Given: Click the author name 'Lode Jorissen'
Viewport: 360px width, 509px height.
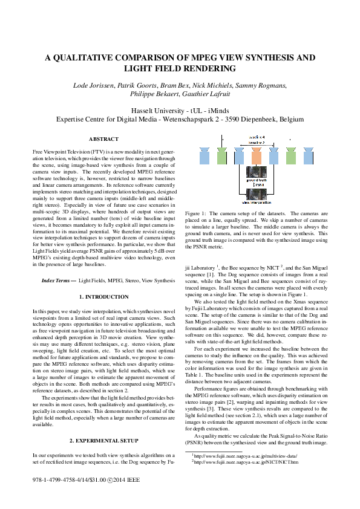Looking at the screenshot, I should (94, 86).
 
